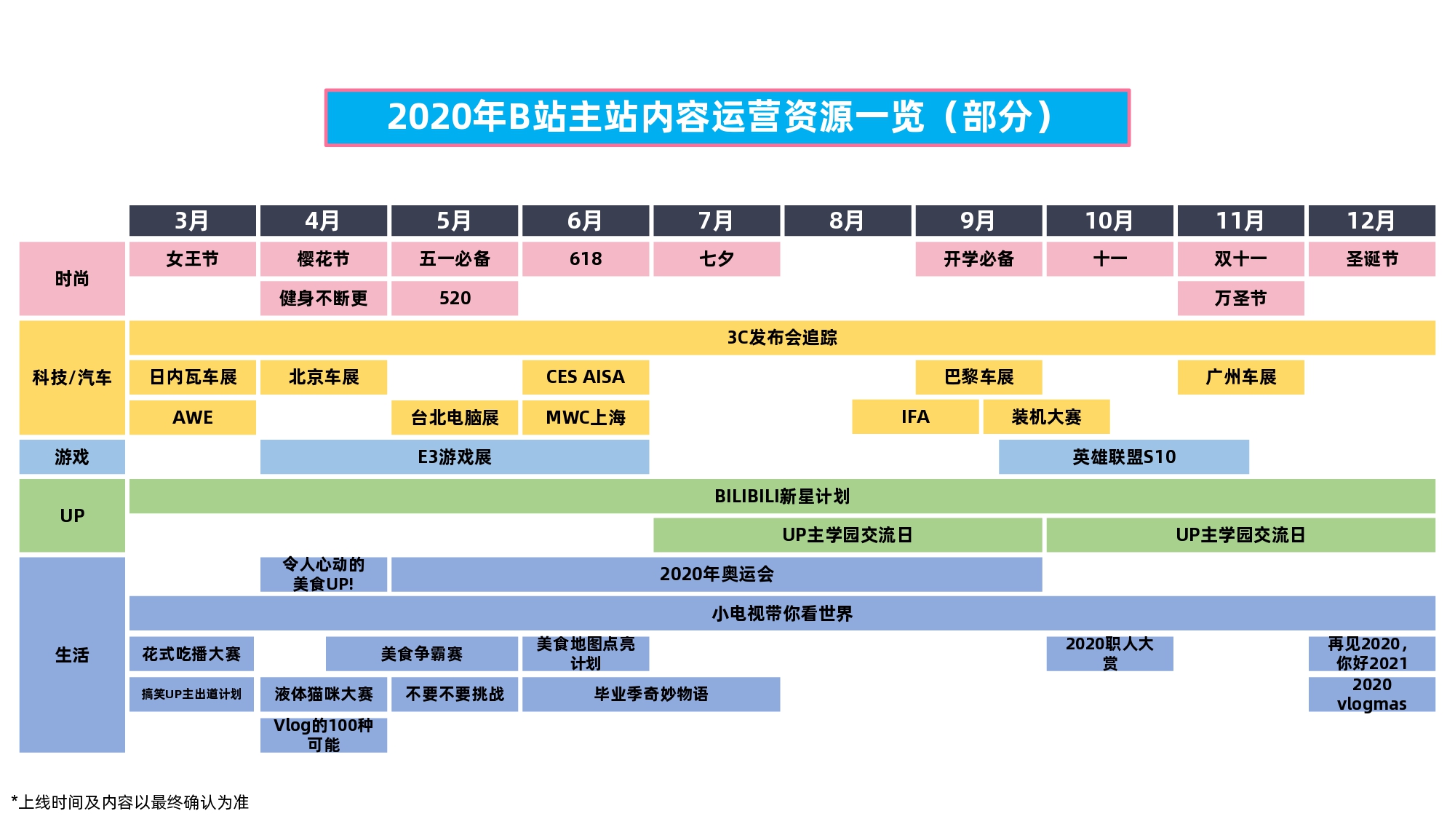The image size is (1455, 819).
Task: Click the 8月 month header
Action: [x=848, y=221]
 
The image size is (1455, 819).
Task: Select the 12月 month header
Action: [x=1372, y=221]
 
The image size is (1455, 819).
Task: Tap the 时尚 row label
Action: [x=72, y=279]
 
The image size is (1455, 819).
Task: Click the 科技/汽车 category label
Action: [x=72, y=377]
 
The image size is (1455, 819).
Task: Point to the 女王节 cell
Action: [x=193, y=259]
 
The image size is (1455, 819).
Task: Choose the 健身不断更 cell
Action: [x=324, y=298]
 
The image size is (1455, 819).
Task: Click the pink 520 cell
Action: [x=455, y=298]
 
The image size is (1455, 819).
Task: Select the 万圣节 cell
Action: [x=1241, y=298]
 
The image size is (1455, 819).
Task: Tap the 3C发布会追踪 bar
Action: [x=782, y=338]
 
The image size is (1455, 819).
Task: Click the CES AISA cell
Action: [x=586, y=377]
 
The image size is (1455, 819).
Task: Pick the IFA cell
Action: [x=915, y=416]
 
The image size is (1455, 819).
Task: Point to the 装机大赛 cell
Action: [x=1046, y=416]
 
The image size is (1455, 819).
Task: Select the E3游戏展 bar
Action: [x=455, y=456]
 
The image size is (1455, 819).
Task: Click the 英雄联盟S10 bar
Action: [x=1124, y=456]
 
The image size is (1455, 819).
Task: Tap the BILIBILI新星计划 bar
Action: [x=782, y=496]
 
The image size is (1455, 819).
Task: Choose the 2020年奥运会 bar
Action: [x=717, y=574]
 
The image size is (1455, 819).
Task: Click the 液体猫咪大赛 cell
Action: [x=324, y=695]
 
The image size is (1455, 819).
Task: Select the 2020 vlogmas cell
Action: [x=1372, y=695]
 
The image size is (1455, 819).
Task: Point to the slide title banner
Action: [x=727, y=118]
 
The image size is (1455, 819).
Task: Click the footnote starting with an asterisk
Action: [x=130, y=802]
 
